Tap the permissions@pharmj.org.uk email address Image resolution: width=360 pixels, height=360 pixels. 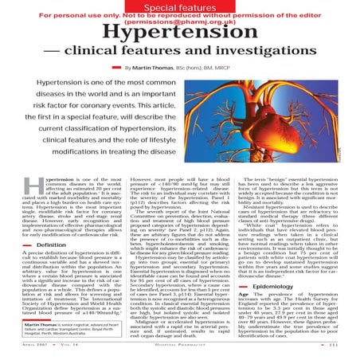179,23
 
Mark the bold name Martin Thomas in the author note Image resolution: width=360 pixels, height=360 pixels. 33,326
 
